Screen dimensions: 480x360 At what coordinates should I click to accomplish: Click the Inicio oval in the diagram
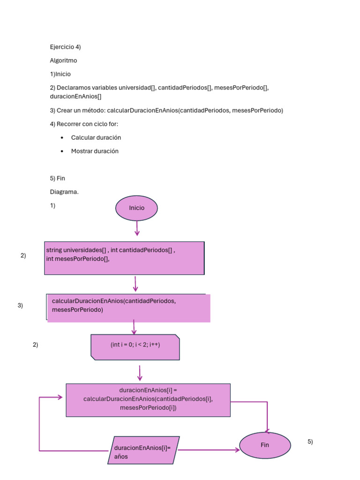click(x=136, y=208)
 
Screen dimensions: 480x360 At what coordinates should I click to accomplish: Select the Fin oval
click(x=265, y=445)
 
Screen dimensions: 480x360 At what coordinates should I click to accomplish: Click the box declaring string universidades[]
click(x=124, y=258)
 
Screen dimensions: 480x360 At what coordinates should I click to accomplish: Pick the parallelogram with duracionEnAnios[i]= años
click(x=143, y=450)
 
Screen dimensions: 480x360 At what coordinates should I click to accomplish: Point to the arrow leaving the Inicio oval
click(x=137, y=228)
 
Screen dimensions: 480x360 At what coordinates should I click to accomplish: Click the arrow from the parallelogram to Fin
click(x=209, y=450)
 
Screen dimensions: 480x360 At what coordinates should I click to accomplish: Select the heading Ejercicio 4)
click(x=66, y=47)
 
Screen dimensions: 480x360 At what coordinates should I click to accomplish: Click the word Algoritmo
click(x=63, y=60)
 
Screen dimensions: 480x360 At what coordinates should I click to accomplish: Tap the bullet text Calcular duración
click(x=96, y=138)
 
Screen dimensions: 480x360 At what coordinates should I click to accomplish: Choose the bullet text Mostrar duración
click(x=95, y=151)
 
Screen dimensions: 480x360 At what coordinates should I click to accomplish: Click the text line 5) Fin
click(x=57, y=179)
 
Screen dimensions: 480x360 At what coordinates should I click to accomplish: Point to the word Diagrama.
click(x=64, y=192)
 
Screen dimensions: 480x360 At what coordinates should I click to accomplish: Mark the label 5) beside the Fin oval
click(x=310, y=442)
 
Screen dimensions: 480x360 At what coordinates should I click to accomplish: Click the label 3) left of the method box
click(x=20, y=306)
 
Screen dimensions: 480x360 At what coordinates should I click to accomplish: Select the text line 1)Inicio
click(x=60, y=74)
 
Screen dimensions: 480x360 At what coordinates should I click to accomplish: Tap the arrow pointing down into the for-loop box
click(x=134, y=327)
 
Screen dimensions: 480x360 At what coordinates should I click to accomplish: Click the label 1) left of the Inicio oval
click(x=52, y=205)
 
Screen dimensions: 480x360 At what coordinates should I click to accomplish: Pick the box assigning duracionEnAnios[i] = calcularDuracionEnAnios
click(x=148, y=400)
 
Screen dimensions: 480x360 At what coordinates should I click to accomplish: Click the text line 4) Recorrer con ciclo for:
click(x=84, y=124)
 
